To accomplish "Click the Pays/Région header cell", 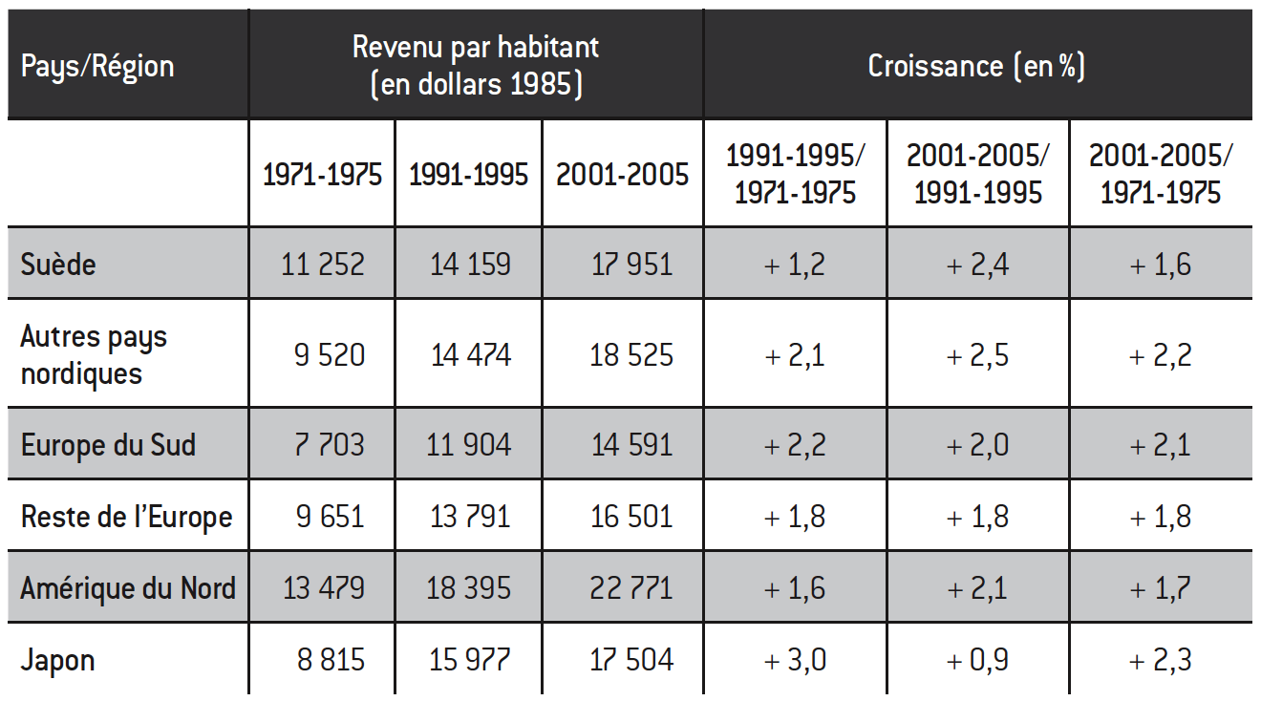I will [97, 66].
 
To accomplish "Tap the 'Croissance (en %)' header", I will [976, 66].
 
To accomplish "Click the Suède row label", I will [58, 264].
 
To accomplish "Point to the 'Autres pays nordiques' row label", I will [94, 354].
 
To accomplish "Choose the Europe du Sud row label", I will [108, 445].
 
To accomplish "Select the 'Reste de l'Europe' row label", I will [126, 517].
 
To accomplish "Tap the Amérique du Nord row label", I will [128, 587].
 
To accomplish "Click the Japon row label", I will [58, 659].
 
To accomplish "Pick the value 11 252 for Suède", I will [323, 264].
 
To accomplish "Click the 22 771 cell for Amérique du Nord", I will [631, 587].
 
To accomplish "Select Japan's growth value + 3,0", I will [795, 659].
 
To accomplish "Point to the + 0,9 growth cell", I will [976, 659].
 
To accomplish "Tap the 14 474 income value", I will [470, 355].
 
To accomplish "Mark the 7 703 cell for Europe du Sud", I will [330, 445].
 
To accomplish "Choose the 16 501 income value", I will [631, 517].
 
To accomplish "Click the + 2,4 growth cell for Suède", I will [976, 264].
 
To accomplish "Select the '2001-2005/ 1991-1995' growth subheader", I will [977, 174].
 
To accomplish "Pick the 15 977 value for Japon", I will [470, 659].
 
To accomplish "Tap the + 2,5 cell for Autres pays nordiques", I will [976, 355].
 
